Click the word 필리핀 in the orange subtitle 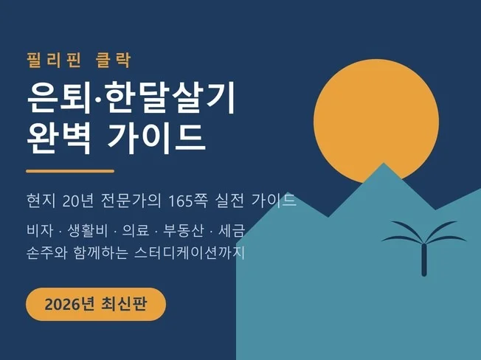coord(54,60)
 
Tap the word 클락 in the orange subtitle coord(114,60)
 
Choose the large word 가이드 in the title coord(156,138)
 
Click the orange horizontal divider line coord(70,171)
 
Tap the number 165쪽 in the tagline coord(188,201)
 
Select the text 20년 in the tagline coord(77,201)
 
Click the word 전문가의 coord(131,201)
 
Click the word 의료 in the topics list coord(135,231)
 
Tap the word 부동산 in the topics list coord(183,231)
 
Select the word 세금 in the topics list coord(232,231)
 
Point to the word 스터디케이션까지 coord(190,253)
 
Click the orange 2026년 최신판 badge coord(96,304)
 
